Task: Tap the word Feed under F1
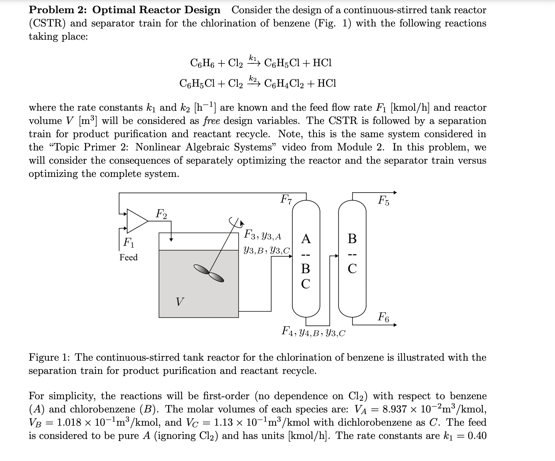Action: pos(128,257)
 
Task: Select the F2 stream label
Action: pos(161,213)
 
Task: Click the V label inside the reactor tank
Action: pos(180,301)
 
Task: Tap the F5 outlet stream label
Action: pos(384,200)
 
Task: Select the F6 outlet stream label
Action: pos(383,317)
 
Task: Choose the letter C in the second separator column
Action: pos(352,268)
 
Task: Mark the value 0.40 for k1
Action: pos(477,436)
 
